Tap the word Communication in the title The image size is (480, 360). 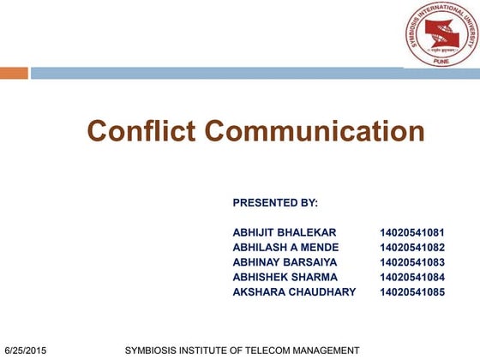(x=314, y=131)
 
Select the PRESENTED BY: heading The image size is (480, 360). (x=275, y=203)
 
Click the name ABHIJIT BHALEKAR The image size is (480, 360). (x=285, y=232)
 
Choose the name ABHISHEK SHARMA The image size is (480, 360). (x=285, y=277)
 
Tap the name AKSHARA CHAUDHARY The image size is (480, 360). (x=294, y=291)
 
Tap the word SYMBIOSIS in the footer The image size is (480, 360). (x=153, y=351)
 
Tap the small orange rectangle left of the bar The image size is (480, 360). (x=14, y=74)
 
